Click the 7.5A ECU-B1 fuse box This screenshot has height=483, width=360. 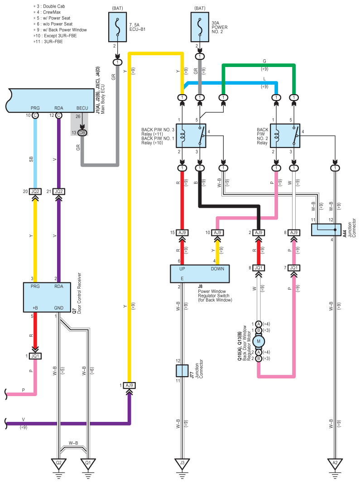tap(117, 27)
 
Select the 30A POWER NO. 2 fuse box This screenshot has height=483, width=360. tap(200, 27)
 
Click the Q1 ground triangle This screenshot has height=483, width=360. tap(88, 464)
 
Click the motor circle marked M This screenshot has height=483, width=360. tap(259, 341)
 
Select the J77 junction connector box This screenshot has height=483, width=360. tap(182, 371)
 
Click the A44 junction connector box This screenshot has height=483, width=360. tap(326, 230)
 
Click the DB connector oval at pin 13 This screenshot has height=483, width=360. tap(82, 133)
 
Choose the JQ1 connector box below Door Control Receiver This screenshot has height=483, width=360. tap(35, 356)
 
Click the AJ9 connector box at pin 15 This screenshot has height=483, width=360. tap(182, 233)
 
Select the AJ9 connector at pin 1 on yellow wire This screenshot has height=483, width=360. tap(130, 385)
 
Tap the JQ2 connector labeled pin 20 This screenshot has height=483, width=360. tap(35, 191)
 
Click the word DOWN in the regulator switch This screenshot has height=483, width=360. tap(217, 269)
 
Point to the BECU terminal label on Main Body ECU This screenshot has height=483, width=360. tap(82, 108)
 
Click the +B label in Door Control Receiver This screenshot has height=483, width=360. tap(35, 308)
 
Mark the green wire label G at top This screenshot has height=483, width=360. tap(264, 61)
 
